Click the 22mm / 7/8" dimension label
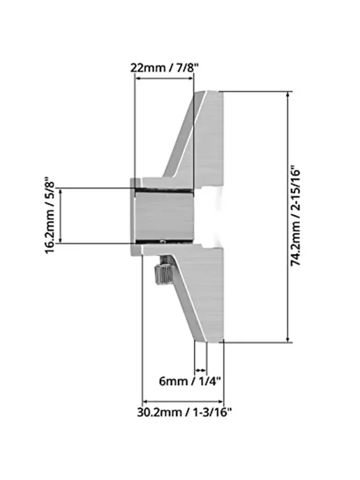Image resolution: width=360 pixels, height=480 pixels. point(165,68)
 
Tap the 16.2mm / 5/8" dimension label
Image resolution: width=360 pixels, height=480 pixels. point(50,215)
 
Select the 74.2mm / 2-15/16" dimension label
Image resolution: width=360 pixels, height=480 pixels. point(296,216)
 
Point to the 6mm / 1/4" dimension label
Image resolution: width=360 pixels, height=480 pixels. point(190,382)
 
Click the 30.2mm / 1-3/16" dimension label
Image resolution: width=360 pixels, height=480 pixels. point(184,412)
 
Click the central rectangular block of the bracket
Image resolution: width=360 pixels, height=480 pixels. point(165,216)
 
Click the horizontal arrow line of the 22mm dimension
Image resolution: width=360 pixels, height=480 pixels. point(165,78)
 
